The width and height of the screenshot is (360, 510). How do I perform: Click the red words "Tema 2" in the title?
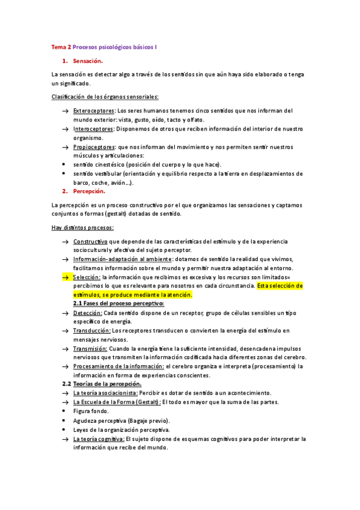(x=61, y=46)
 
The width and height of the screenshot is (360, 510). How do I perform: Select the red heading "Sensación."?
(x=88, y=61)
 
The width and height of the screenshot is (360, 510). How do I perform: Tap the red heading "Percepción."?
(x=89, y=191)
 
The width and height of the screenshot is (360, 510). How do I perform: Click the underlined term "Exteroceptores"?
(x=94, y=111)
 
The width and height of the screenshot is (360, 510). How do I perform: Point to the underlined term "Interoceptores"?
(x=93, y=129)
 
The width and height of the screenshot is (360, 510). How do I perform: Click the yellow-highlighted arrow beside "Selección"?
(x=65, y=277)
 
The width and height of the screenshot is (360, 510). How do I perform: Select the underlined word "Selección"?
(x=87, y=277)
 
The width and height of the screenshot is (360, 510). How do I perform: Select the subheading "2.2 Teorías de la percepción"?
(x=102, y=384)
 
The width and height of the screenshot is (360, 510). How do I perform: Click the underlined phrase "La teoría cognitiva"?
(x=99, y=439)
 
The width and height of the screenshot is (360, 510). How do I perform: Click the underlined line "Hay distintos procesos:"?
(x=83, y=227)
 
